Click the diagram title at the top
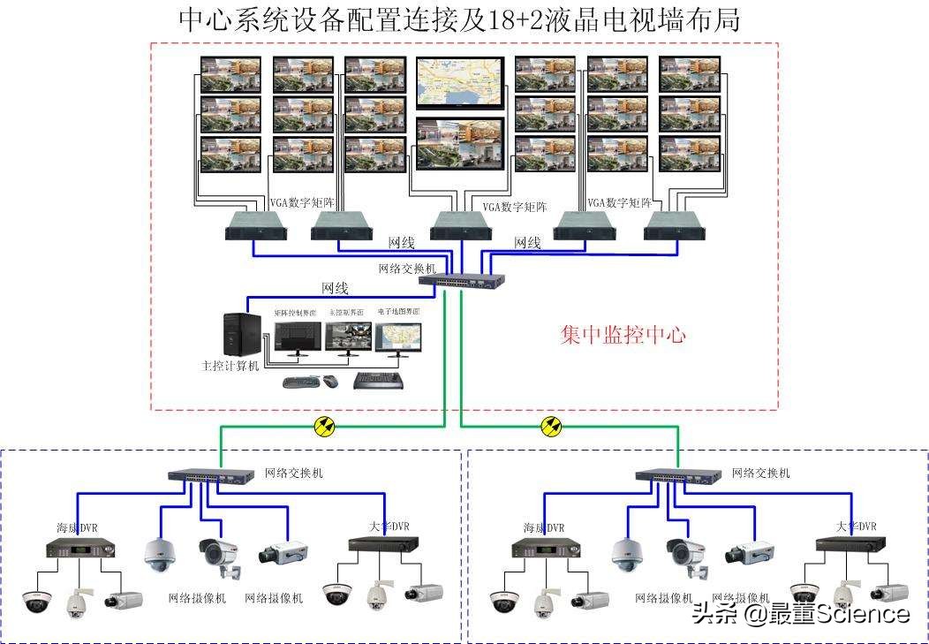(458, 19)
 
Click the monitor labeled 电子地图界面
(398, 337)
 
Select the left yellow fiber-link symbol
(325, 428)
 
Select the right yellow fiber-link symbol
(553, 428)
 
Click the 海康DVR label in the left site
(77, 528)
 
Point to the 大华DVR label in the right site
(856, 527)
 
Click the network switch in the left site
(210, 476)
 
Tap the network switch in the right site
(676, 476)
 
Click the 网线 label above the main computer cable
(335, 288)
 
